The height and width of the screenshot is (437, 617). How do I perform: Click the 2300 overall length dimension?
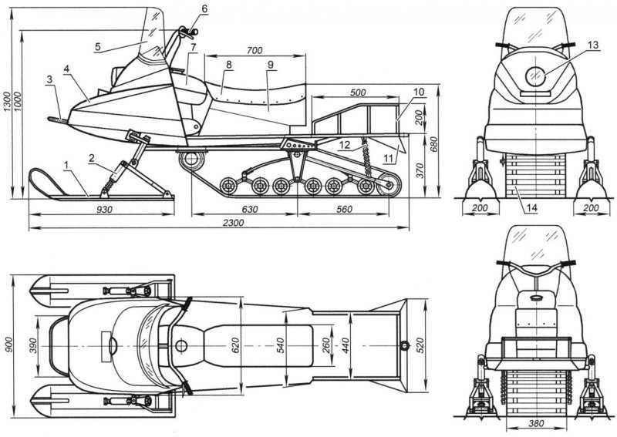(234, 223)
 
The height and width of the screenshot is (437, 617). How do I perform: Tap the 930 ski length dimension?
(104, 210)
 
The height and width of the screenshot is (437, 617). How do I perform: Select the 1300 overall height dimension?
(7, 103)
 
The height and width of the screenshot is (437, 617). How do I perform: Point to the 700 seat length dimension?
(255, 50)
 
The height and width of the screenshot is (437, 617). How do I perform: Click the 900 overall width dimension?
(9, 345)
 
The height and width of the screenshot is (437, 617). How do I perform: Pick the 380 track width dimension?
(536, 423)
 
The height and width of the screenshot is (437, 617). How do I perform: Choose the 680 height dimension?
(433, 146)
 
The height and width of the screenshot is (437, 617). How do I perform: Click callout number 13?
(593, 45)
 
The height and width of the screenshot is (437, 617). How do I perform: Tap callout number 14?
(531, 207)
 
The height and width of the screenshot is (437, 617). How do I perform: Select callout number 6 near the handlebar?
(204, 8)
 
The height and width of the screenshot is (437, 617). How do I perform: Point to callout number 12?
(345, 145)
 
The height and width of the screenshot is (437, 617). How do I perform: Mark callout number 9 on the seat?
(271, 65)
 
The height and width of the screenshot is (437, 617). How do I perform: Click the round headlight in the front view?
(535, 77)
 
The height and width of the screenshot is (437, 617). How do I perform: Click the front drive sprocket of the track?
(191, 160)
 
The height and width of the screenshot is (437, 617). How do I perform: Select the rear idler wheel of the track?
(389, 184)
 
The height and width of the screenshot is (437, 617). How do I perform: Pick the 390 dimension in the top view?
(34, 346)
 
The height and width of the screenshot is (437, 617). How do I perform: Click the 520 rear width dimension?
(420, 345)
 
